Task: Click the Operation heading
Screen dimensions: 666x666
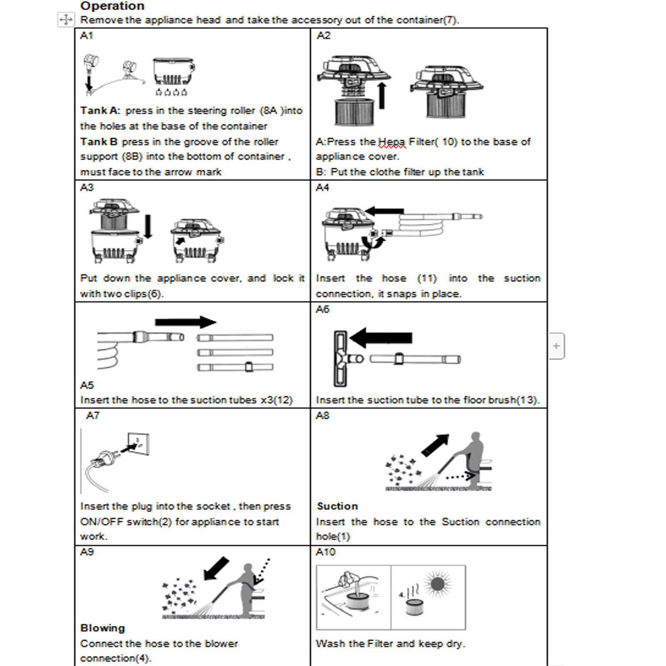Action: pos(112,6)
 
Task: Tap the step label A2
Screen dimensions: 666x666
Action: pos(323,36)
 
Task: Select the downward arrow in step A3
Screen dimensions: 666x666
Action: pos(148,226)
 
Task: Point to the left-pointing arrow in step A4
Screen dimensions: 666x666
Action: pos(385,211)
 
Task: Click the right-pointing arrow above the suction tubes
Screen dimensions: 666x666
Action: pos(185,322)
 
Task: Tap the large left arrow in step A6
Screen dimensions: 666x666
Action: pos(380,338)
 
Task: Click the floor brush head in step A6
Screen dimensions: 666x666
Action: pos(340,358)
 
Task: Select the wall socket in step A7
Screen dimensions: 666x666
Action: pos(138,444)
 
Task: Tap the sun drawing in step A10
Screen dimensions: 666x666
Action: pos(438,584)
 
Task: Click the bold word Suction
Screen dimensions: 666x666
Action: pos(337,506)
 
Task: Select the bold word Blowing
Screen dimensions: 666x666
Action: pos(102,628)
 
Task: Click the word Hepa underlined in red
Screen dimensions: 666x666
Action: pos(392,142)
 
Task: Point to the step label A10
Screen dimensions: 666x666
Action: pos(325,552)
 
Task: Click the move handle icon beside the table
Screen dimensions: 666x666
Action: pos(66,20)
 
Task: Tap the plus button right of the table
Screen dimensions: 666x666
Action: pos(556,346)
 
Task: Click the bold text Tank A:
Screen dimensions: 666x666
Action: pos(100,111)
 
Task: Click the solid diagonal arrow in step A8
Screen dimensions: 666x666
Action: pos(435,445)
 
